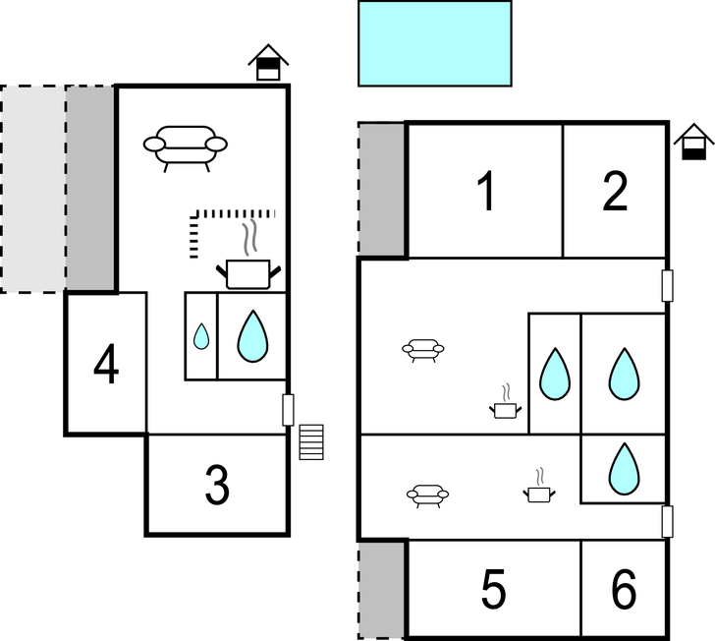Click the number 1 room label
pos(486,191)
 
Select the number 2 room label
pos(615,191)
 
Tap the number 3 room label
pos(217,485)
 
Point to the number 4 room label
pos(106,365)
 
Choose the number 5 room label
pos(494,589)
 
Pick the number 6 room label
pos(624,589)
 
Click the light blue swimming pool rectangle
pos(435,43)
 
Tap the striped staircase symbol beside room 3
pos(311,442)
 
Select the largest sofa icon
pos(185,147)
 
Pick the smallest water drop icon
pos(201,336)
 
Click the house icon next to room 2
pos(693,142)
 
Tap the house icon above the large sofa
pos(268,63)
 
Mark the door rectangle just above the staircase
pos(288,410)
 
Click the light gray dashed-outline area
pos(33,189)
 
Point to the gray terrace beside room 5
pos(382,590)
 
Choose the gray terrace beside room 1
pos(382,189)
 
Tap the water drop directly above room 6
pos(624,469)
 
